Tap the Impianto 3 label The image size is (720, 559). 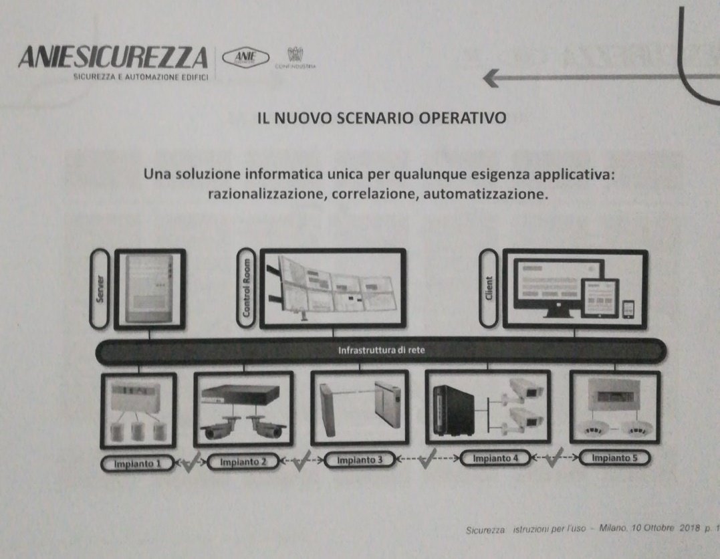coord(360,460)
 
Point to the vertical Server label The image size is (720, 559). coord(102,290)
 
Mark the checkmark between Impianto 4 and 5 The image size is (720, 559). coord(553,459)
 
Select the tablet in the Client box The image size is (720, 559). coord(599,298)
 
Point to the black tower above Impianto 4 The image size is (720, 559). coord(457,410)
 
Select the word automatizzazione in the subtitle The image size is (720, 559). coord(488,196)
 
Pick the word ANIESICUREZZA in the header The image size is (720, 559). coord(114,58)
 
